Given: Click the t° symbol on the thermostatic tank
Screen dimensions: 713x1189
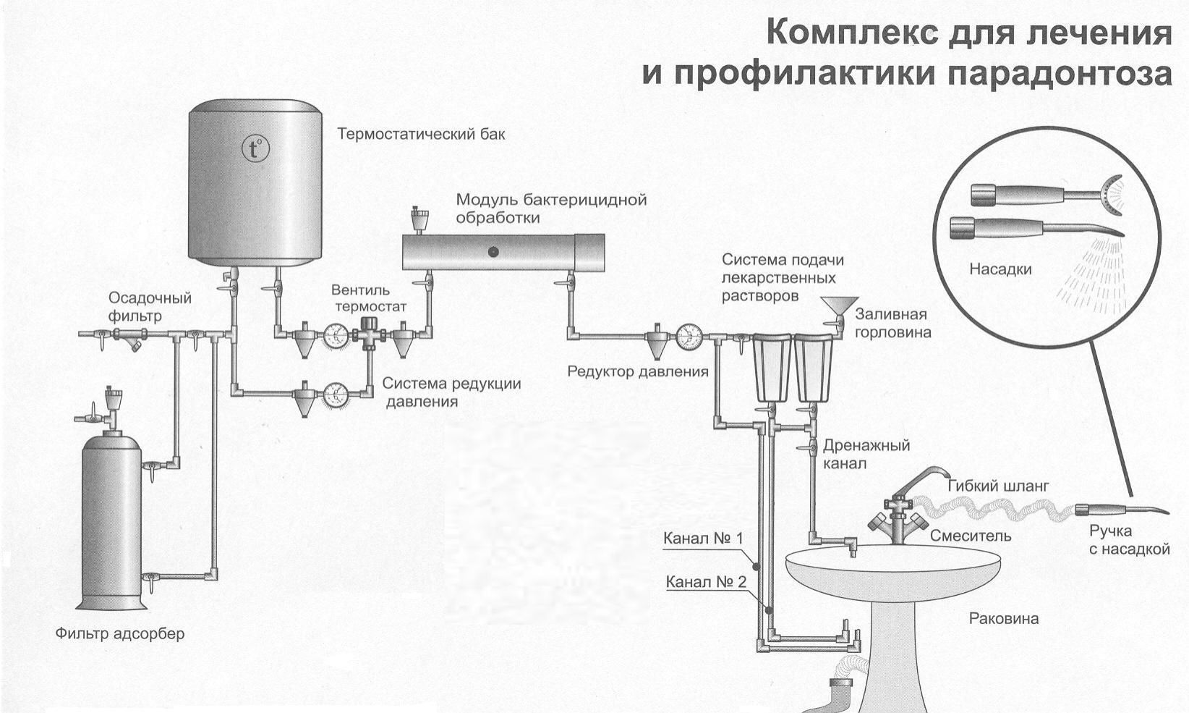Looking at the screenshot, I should (x=255, y=149).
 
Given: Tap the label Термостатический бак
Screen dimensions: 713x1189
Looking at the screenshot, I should (x=421, y=135).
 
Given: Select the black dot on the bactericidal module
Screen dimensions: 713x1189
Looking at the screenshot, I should (x=493, y=252).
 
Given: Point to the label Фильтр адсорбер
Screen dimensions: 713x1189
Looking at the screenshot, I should (x=120, y=633).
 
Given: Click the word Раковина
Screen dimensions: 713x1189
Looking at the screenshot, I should (x=1003, y=618).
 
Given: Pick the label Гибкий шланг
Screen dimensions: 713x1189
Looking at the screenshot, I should (x=997, y=486).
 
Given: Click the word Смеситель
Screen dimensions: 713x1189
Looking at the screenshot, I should (x=971, y=536).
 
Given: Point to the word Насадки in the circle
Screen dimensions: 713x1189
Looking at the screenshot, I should (x=1000, y=269).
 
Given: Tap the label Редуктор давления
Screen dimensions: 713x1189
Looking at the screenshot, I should (x=638, y=372).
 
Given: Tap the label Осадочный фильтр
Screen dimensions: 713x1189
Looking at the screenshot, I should (x=150, y=307).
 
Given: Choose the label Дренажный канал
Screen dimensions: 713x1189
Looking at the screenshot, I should (x=866, y=454).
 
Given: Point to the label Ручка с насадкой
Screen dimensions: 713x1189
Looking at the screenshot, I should (x=1129, y=540).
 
